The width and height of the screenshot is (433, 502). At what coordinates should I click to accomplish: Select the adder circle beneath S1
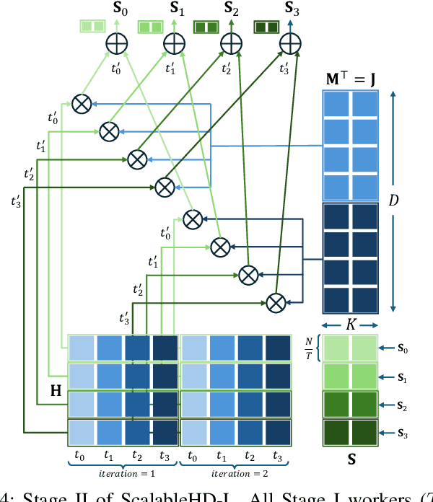coord(172,43)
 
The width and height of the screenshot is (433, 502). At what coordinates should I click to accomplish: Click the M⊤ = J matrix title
coord(349,77)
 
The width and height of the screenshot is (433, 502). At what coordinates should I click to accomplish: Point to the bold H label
coord(55,392)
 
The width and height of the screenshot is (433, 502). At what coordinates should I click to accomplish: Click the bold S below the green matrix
coord(349,458)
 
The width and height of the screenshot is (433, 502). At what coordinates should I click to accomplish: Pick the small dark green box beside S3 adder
coord(266,27)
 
